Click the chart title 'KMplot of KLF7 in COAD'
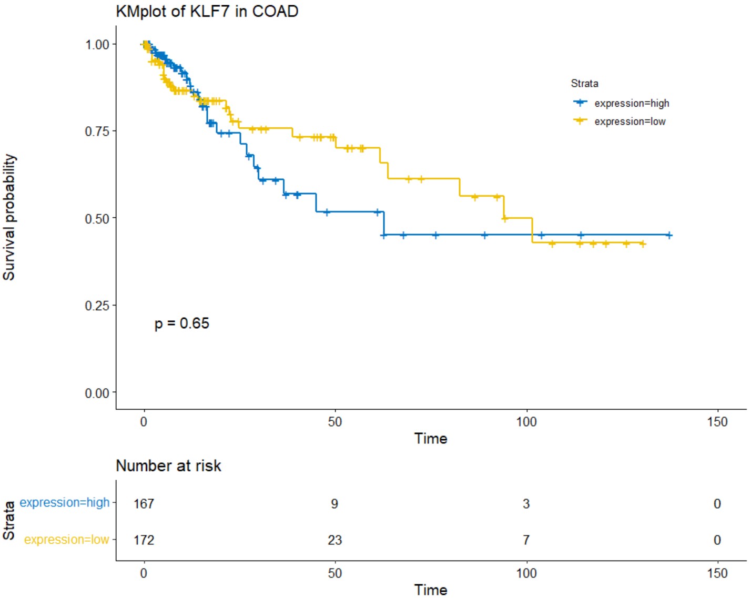tap(207, 11)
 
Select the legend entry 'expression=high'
tap(631, 103)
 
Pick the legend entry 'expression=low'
tap(630, 121)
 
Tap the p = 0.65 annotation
tap(181, 323)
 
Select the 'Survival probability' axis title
tap(9, 217)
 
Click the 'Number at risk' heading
tap(168, 465)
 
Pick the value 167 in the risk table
tap(144, 504)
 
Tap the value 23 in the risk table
tap(335, 540)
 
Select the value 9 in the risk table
tap(335, 504)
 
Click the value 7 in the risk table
tap(526, 540)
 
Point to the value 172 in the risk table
tap(144, 540)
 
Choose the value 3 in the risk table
tap(526, 504)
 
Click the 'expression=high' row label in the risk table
tap(65, 503)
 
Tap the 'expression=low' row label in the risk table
tap(67, 540)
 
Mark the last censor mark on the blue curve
tap(669, 235)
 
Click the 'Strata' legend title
tap(584, 83)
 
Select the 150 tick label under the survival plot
tap(717, 422)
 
